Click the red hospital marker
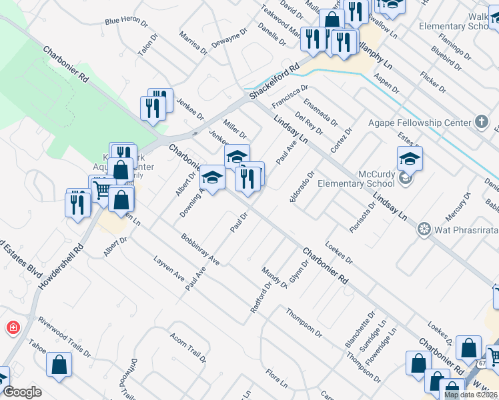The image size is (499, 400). click(13, 327)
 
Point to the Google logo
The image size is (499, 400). click(21, 392)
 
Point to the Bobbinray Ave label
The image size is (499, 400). click(200, 249)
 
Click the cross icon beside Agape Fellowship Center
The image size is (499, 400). click(482, 121)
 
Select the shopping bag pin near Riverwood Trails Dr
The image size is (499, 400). click(59, 364)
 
